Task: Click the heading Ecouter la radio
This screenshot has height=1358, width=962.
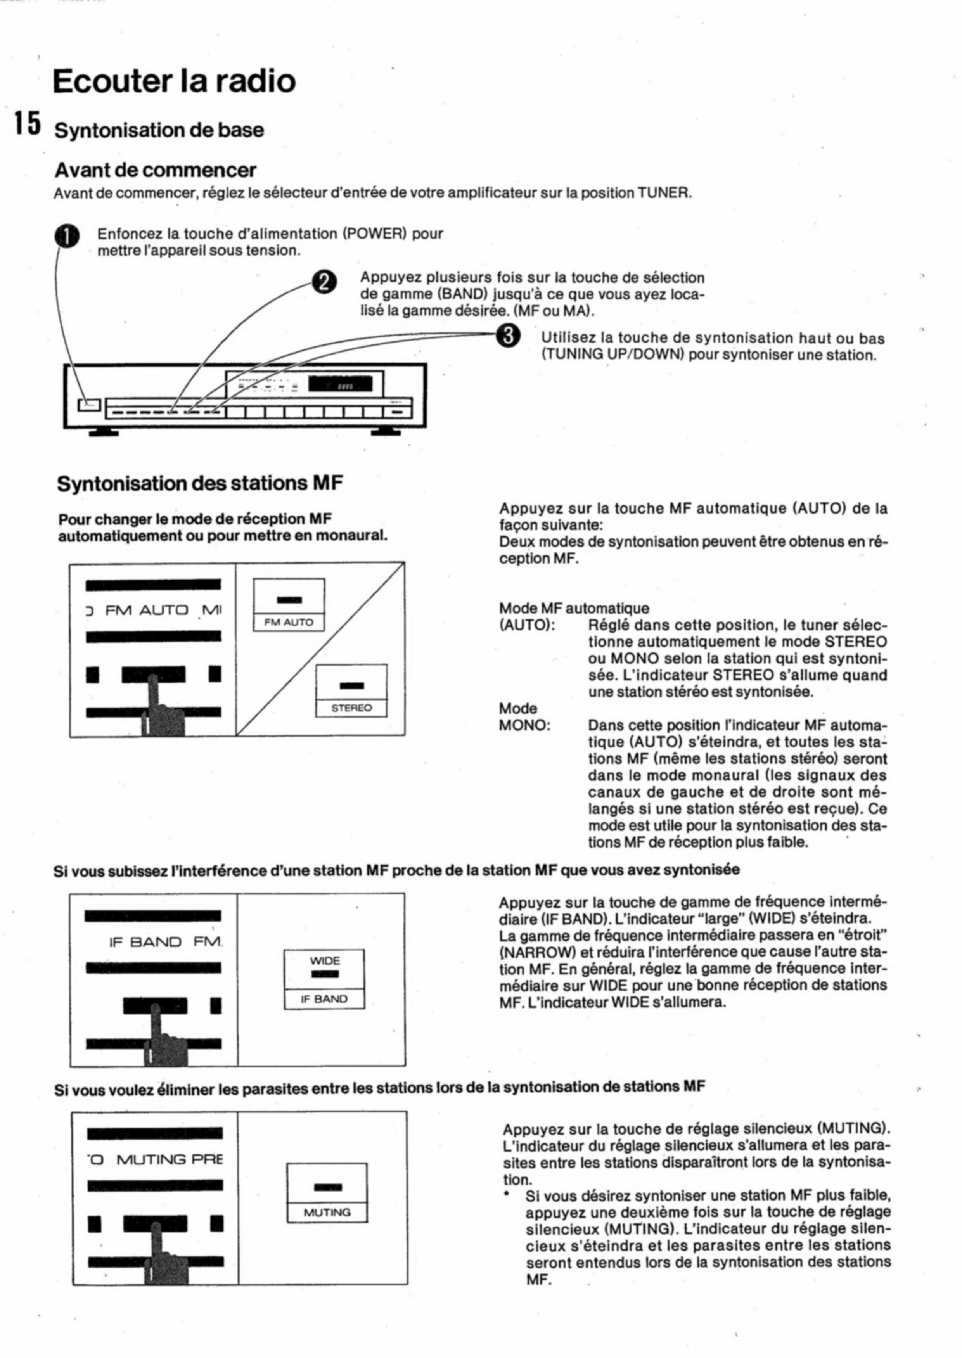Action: pos(174,81)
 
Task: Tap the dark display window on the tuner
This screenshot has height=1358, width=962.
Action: pos(340,384)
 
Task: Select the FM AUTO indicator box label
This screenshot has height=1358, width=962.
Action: pos(289,623)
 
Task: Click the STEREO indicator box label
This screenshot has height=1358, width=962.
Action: pos(351,708)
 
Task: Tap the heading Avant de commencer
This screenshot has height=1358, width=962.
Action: pos(155,170)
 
